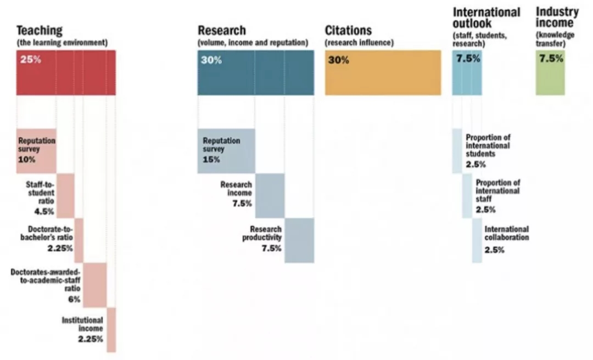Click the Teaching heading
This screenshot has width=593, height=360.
pyautogui.click(x=40, y=31)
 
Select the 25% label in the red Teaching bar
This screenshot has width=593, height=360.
pyautogui.click(x=31, y=60)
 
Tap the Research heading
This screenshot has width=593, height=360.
pyautogui.click(x=222, y=31)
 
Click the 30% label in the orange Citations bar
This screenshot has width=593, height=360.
pyautogui.click(x=338, y=60)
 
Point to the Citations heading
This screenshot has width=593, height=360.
pyautogui.click(x=348, y=31)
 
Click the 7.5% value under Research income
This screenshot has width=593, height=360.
pyautogui.click(x=242, y=204)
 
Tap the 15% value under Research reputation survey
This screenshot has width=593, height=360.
pyautogui.click(x=211, y=160)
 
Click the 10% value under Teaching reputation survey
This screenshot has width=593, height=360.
pyautogui.click(x=26, y=160)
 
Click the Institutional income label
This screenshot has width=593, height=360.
pyautogui.click(x=82, y=324)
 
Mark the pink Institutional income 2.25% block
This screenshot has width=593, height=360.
pyautogui.click(x=111, y=329)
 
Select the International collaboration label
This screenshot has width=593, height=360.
pyautogui.click(x=506, y=233)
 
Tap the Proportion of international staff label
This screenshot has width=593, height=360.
pyautogui.click(x=497, y=191)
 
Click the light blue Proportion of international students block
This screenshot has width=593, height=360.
pyautogui.click(x=457, y=151)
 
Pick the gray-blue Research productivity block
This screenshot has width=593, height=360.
pyautogui.click(x=299, y=240)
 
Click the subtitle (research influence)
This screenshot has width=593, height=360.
pyautogui.click(x=359, y=42)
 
